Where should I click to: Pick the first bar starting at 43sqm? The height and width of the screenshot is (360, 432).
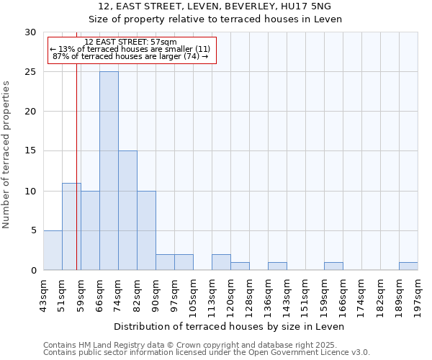tap(53, 250)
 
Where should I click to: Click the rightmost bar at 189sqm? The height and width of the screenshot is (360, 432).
tap(408, 266)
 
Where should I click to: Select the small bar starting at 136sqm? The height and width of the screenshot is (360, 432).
tap(277, 266)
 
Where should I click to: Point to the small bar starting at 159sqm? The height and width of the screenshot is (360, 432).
tap(333, 266)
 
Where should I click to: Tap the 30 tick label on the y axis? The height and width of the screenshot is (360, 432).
tap(30, 32)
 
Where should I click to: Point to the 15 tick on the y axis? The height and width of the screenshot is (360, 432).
tap(30, 151)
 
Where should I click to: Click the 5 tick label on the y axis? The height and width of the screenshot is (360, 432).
tap(33, 230)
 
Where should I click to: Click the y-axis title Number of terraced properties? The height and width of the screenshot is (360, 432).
tap(6, 155)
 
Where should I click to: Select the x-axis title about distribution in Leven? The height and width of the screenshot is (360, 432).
tap(230, 326)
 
